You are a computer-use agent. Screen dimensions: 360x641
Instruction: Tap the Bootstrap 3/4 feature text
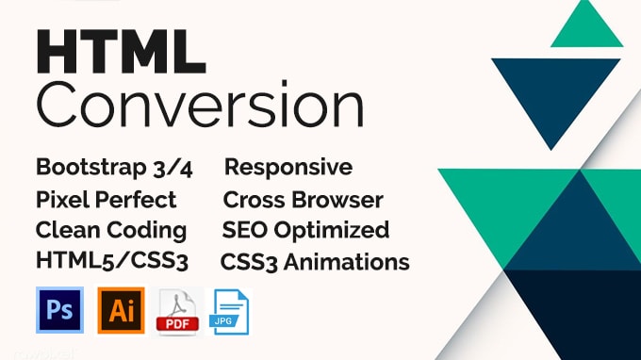tap(111, 168)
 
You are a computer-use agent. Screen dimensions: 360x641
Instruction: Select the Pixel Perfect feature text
tap(106, 199)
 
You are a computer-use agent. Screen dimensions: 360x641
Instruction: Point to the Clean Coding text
tap(110, 230)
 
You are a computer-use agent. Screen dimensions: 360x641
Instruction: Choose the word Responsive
tap(288, 168)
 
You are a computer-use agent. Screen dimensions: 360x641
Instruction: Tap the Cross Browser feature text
tap(303, 199)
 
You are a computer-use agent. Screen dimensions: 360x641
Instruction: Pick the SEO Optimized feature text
tap(304, 230)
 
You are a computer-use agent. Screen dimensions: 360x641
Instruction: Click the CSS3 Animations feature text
tap(315, 261)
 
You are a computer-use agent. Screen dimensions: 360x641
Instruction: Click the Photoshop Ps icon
tap(59, 310)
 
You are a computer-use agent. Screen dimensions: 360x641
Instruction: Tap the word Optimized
tap(341, 230)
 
